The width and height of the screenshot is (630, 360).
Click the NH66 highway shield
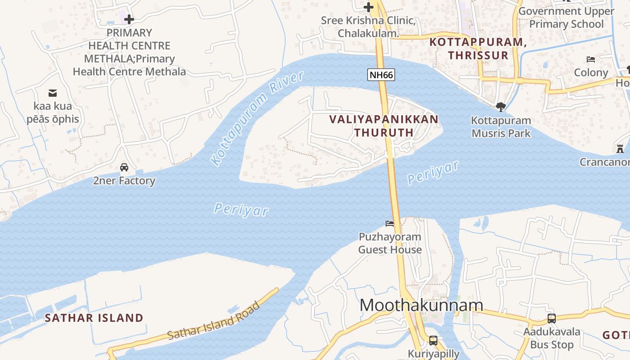point(381,75)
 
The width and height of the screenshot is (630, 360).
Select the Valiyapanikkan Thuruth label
point(383,126)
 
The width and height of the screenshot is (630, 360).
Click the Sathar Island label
point(94,318)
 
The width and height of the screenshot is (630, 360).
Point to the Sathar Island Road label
point(214,321)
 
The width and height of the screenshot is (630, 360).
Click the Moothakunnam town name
point(421,305)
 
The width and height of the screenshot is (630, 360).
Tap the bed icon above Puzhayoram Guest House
point(390,224)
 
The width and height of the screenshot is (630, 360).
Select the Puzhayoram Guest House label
point(390,243)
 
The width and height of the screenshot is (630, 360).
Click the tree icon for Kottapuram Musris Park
point(500,107)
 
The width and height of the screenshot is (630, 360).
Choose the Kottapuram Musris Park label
point(501,127)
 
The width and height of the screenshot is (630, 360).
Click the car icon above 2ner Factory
point(124,167)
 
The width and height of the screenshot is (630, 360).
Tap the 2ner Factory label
point(124,181)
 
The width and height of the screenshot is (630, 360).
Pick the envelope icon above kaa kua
point(53,93)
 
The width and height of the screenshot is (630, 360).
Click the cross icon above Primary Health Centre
point(129,19)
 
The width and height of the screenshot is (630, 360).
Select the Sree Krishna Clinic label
point(368,27)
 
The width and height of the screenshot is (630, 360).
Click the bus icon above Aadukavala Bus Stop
point(552,319)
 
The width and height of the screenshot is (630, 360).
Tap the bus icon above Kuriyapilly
point(433,341)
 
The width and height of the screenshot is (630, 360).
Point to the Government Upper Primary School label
point(566,18)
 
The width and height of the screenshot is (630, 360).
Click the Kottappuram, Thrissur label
point(478,49)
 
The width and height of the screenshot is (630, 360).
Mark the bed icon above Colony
point(591,59)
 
